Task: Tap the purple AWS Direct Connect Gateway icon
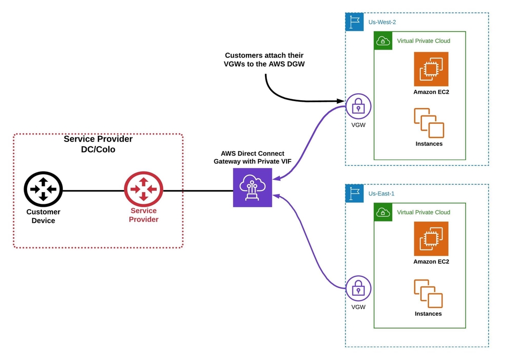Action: coord(252,187)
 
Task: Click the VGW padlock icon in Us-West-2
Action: coord(358,106)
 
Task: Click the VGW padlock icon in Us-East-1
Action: coord(358,288)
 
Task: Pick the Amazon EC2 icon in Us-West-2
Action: coord(431,69)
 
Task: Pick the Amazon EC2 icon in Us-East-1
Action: coord(431,239)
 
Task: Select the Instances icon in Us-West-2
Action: coord(429,123)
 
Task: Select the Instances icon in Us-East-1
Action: coord(428,293)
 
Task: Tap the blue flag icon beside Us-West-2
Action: coord(354,22)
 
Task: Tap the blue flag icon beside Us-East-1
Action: coord(354,194)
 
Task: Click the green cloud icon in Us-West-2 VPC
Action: coord(382,41)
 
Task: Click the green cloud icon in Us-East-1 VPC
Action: coord(382,213)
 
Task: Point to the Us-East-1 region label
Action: coord(381,194)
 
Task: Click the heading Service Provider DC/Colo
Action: coord(98,144)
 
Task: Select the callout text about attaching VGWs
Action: coord(264,60)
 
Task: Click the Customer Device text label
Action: coord(43,216)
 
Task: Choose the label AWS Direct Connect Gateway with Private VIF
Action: coord(252,157)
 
